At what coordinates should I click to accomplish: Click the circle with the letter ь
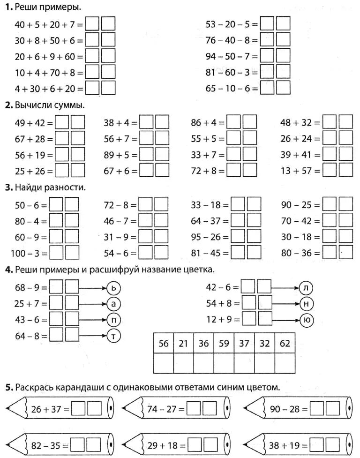click(x=114, y=287)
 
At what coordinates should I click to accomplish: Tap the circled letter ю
click(x=307, y=320)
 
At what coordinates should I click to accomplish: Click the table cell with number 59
click(x=224, y=344)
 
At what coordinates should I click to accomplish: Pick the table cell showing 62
click(x=285, y=344)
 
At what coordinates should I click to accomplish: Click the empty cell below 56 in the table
click(x=163, y=363)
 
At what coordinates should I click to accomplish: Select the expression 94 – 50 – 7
click(x=232, y=56)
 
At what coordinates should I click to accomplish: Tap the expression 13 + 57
click(x=300, y=171)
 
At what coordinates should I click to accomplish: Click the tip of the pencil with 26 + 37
click(x=8, y=409)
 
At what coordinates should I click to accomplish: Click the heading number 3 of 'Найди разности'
click(x=8, y=188)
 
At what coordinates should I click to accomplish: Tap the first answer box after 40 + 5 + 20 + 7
click(x=92, y=23)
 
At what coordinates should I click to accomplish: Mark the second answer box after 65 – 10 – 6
click(x=283, y=88)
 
